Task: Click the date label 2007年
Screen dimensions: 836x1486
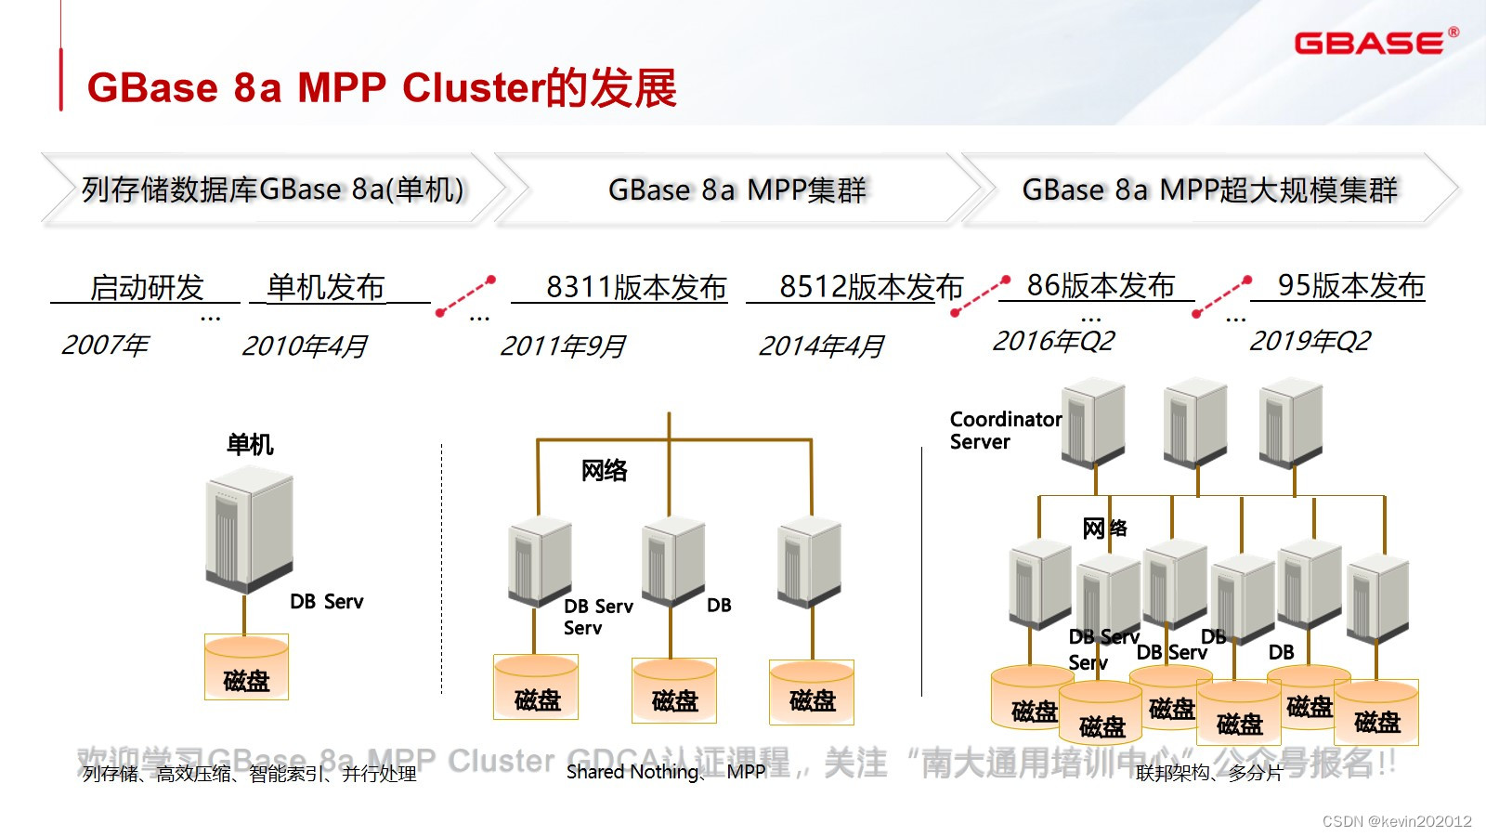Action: [105, 346]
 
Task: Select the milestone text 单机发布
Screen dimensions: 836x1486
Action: [325, 287]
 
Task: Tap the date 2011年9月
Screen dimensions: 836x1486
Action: [563, 346]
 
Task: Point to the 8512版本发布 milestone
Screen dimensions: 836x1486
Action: [870, 287]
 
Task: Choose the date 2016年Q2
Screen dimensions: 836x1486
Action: [1053, 341]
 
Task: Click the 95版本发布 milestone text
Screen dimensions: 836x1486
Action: [1350, 285]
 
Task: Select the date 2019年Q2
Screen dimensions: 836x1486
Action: [1310, 341]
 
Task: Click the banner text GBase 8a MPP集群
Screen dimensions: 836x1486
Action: [736, 189]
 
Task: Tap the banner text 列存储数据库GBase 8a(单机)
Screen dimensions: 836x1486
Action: [272, 189]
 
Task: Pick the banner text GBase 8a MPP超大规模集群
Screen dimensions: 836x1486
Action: [1209, 189]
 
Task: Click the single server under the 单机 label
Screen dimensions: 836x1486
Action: [249, 529]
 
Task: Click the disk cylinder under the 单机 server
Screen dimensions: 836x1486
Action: [246, 667]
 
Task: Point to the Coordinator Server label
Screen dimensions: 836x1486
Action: [1005, 430]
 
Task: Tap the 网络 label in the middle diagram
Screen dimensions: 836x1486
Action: [604, 470]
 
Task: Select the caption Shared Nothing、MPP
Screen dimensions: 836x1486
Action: [665, 772]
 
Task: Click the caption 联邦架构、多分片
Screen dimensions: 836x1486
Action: [1208, 773]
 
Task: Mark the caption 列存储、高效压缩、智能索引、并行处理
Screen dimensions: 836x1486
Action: [249, 774]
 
